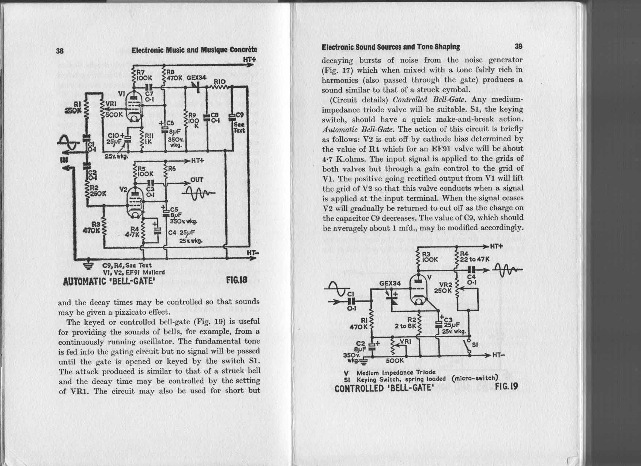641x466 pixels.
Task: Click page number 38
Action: point(60,51)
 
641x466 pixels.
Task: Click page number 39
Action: point(519,46)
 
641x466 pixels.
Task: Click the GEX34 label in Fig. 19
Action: point(390,283)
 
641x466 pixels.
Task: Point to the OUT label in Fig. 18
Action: point(197,180)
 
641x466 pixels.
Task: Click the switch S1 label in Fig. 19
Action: point(475,344)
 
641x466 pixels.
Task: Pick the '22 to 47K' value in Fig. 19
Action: point(475,259)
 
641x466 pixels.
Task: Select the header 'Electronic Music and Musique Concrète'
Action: point(194,50)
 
